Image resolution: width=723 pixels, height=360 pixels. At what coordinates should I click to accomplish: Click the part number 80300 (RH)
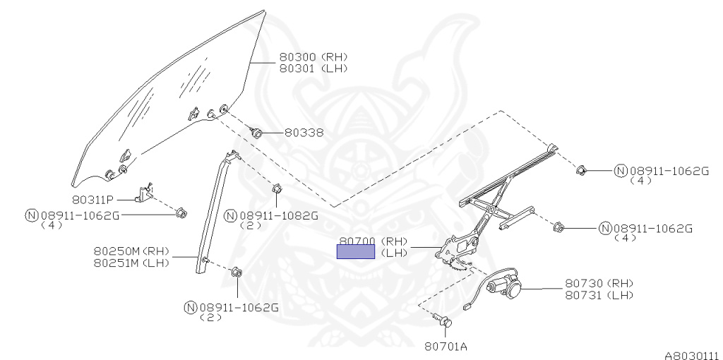click(313, 57)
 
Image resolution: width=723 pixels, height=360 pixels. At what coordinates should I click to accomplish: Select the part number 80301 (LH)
click(313, 68)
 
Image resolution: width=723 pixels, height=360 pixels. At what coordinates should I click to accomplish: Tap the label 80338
click(304, 133)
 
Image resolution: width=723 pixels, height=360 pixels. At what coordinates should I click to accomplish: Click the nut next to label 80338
click(257, 132)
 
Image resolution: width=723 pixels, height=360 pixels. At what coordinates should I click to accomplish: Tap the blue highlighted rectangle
click(356, 252)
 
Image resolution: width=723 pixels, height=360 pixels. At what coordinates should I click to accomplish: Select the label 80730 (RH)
click(599, 283)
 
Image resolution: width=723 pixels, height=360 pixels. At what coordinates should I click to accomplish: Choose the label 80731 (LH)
click(599, 294)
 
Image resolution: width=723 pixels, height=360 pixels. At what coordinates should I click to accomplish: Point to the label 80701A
click(446, 346)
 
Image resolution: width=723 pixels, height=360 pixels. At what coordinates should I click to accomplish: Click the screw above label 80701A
click(445, 321)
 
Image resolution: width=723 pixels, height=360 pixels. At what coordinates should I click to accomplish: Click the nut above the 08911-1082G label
click(277, 189)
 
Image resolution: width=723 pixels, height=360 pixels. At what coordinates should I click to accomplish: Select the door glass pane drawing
click(169, 99)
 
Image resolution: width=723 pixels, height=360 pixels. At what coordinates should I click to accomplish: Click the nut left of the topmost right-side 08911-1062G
click(582, 170)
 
